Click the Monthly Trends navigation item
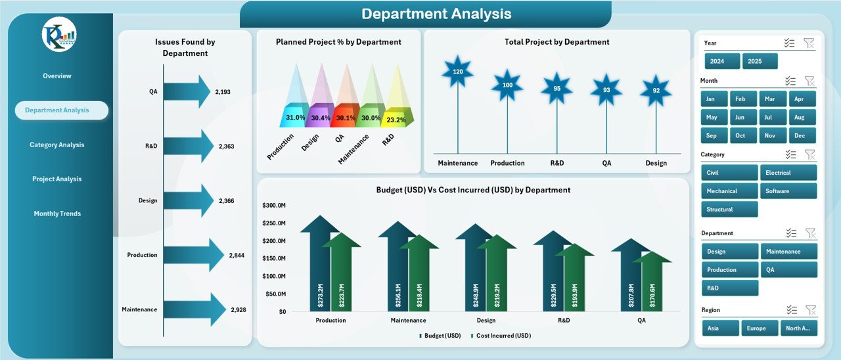[x=57, y=214]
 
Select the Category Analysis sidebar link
[x=57, y=145]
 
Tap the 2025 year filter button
[x=760, y=61]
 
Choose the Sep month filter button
[x=712, y=135]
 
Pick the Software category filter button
[x=788, y=191]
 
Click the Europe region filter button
[x=760, y=328]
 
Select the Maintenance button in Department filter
[x=788, y=252]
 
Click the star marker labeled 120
[x=458, y=72]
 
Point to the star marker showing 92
[x=656, y=91]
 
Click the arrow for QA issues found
[x=186, y=92]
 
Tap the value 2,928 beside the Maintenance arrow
[x=237, y=309]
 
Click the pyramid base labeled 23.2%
[x=396, y=120]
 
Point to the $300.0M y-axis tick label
[x=273, y=206]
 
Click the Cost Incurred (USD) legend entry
[x=502, y=336]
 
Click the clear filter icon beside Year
[x=809, y=43]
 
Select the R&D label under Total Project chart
[x=557, y=163]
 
